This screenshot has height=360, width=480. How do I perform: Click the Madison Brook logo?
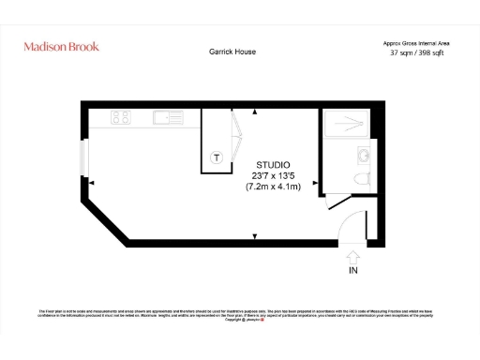point(61,46)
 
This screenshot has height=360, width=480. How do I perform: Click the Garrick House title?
point(232,52)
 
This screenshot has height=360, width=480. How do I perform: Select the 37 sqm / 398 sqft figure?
point(415,53)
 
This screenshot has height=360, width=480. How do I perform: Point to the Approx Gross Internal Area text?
point(415,43)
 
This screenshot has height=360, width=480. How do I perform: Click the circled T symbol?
point(217,157)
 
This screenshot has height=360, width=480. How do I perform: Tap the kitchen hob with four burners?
point(121,118)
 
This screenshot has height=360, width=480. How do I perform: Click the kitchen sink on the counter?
point(169,118)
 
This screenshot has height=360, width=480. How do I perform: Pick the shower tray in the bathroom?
point(346,122)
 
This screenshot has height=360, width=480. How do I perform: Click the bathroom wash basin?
point(361,155)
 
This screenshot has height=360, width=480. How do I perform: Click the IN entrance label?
point(352,271)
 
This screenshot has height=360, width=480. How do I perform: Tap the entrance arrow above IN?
point(352,255)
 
